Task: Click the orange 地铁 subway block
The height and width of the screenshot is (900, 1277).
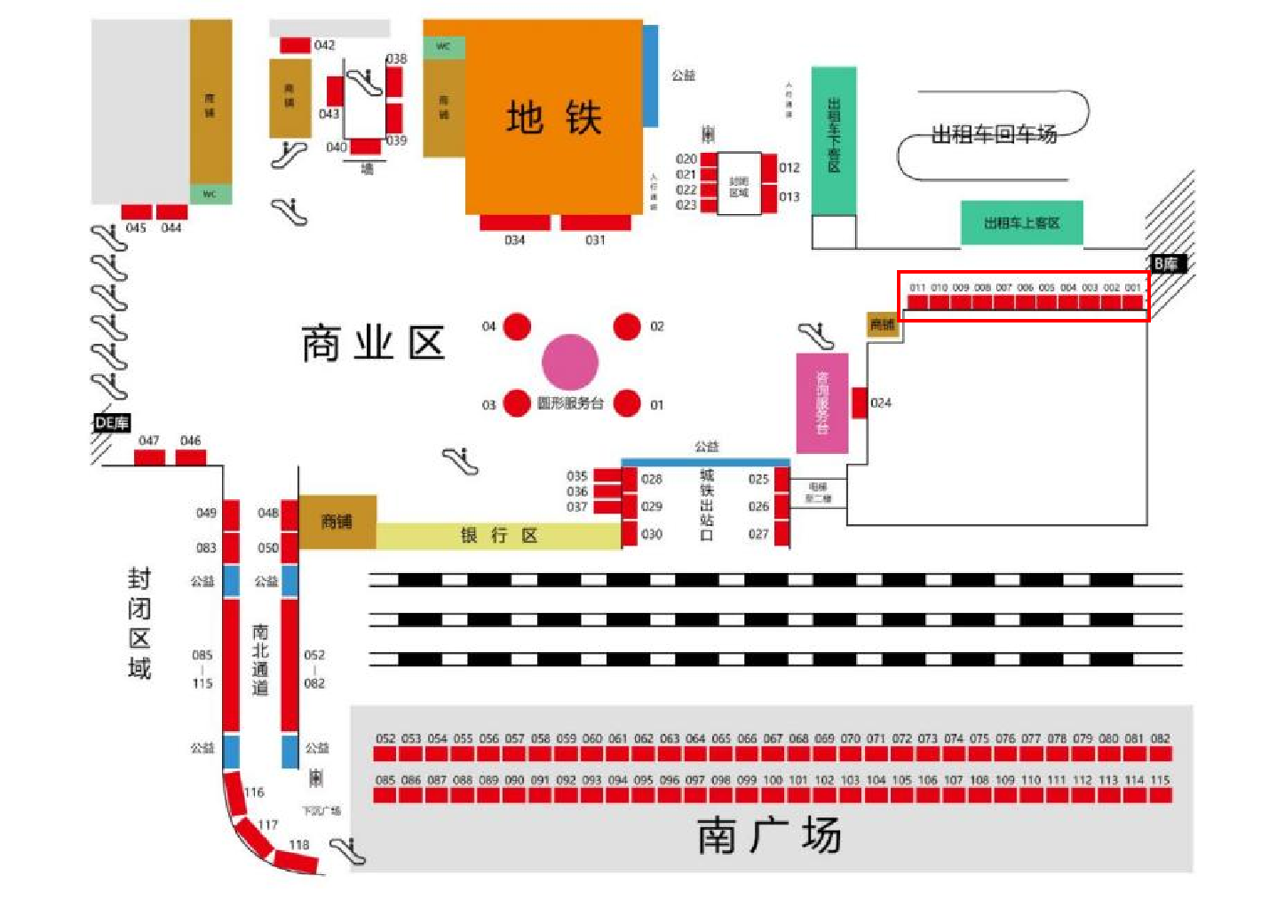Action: pos(552,117)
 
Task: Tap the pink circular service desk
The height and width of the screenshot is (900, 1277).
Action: pos(570,362)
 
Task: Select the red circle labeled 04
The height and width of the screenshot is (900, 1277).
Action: pos(517,326)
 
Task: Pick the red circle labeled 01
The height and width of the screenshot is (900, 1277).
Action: pos(627,403)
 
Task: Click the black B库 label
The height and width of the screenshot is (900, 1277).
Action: pos(1166,263)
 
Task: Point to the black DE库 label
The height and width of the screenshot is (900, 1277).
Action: pos(112,423)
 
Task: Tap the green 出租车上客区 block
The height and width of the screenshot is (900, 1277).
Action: pos(1021,223)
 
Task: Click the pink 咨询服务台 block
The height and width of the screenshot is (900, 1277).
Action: pos(821,402)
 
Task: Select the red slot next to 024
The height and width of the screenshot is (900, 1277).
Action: pos(859,402)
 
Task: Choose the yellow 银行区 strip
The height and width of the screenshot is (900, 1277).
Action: pos(498,535)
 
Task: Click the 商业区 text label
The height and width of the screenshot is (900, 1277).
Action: pos(373,343)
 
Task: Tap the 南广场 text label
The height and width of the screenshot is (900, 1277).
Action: pos(769,836)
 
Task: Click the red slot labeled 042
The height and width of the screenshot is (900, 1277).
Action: pos(295,44)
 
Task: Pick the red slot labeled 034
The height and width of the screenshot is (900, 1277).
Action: pos(514,222)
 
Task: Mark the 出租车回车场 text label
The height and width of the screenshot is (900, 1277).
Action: pos(994,134)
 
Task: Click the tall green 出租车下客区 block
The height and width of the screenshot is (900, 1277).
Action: pos(834,140)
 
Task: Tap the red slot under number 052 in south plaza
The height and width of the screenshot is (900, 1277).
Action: pos(385,753)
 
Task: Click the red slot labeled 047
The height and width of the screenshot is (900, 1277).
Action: pos(149,457)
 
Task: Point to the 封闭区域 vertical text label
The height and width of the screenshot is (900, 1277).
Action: pos(139,623)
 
